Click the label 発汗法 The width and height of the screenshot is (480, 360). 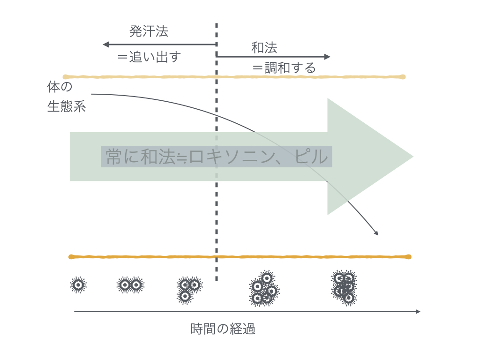pyautogui.click(x=149, y=32)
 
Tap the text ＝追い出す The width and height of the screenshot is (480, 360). pyautogui.click(x=149, y=57)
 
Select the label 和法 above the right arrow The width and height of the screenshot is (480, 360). pyautogui.click(x=264, y=48)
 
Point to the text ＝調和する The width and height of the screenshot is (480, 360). pyautogui.click(x=284, y=68)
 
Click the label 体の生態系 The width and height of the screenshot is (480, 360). pyautogui.click(x=66, y=97)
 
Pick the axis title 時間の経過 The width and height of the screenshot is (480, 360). pyautogui.click(x=223, y=329)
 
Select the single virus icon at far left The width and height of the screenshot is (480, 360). pyautogui.click(x=78, y=284)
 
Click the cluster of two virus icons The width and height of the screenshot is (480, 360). pyautogui.click(x=130, y=285)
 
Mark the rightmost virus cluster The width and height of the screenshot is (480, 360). pyautogui.click(x=345, y=287)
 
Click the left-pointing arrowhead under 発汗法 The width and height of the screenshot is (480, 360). pyautogui.click(x=106, y=45)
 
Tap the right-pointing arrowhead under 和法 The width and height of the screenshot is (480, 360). pyautogui.click(x=328, y=57)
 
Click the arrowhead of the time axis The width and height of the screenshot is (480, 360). pyautogui.click(x=418, y=311)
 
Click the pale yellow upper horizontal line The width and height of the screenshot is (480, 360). pyautogui.click(x=234, y=76)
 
